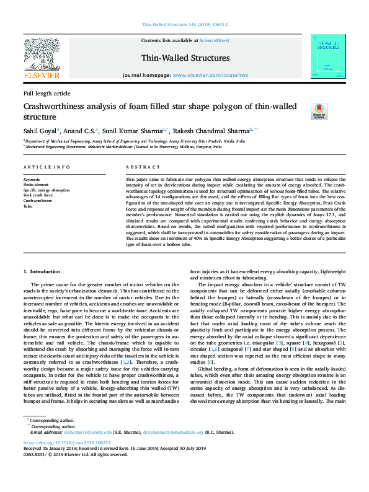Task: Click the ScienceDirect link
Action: pyautogui.click(x=215, y=40)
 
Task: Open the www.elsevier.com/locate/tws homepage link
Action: pyautogui.click(x=210, y=74)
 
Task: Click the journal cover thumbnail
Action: pyautogui.click(x=328, y=56)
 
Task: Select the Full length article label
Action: pyautogui.click(x=47, y=93)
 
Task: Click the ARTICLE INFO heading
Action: pyautogui.click(x=47, y=167)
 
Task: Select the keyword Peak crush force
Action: pyautogui.click(x=38, y=195)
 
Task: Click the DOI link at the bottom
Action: pyautogui.click(x=67, y=443)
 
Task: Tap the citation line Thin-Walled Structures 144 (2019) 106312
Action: pyautogui.click(x=184, y=25)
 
